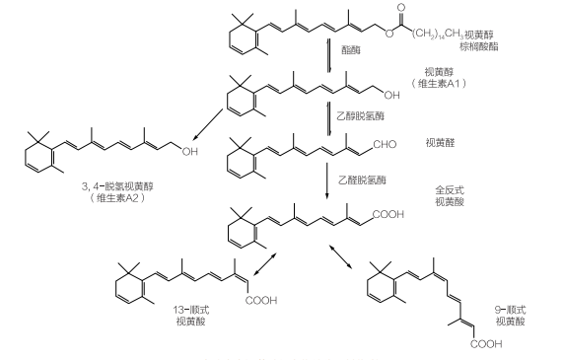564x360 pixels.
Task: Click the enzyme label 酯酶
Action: (351, 50)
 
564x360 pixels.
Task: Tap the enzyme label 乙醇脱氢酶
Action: (361, 115)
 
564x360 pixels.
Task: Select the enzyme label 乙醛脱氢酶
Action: (362, 180)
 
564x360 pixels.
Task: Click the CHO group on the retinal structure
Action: (385, 145)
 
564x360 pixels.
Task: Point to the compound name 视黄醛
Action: (441, 143)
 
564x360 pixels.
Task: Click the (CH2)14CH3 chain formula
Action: (438, 35)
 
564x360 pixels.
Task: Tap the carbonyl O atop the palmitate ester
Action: (401, 8)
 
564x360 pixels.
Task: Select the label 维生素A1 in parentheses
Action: (439, 84)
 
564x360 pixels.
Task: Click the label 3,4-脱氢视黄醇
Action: (117, 186)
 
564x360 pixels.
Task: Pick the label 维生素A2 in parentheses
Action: (117, 198)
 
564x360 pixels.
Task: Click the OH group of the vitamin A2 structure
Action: (190, 152)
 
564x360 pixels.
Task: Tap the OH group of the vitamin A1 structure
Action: (391, 95)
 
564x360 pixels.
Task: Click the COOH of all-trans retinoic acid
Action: (388, 214)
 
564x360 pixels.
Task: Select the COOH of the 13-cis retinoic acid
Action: (261, 300)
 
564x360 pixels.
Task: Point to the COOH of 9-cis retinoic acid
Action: (486, 344)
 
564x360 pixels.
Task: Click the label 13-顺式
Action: (191, 310)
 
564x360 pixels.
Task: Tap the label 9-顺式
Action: (511, 310)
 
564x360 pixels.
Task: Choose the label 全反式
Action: (450, 190)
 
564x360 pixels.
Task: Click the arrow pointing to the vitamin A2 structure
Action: (208, 124)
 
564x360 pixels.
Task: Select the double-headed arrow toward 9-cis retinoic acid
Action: (340, 256)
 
